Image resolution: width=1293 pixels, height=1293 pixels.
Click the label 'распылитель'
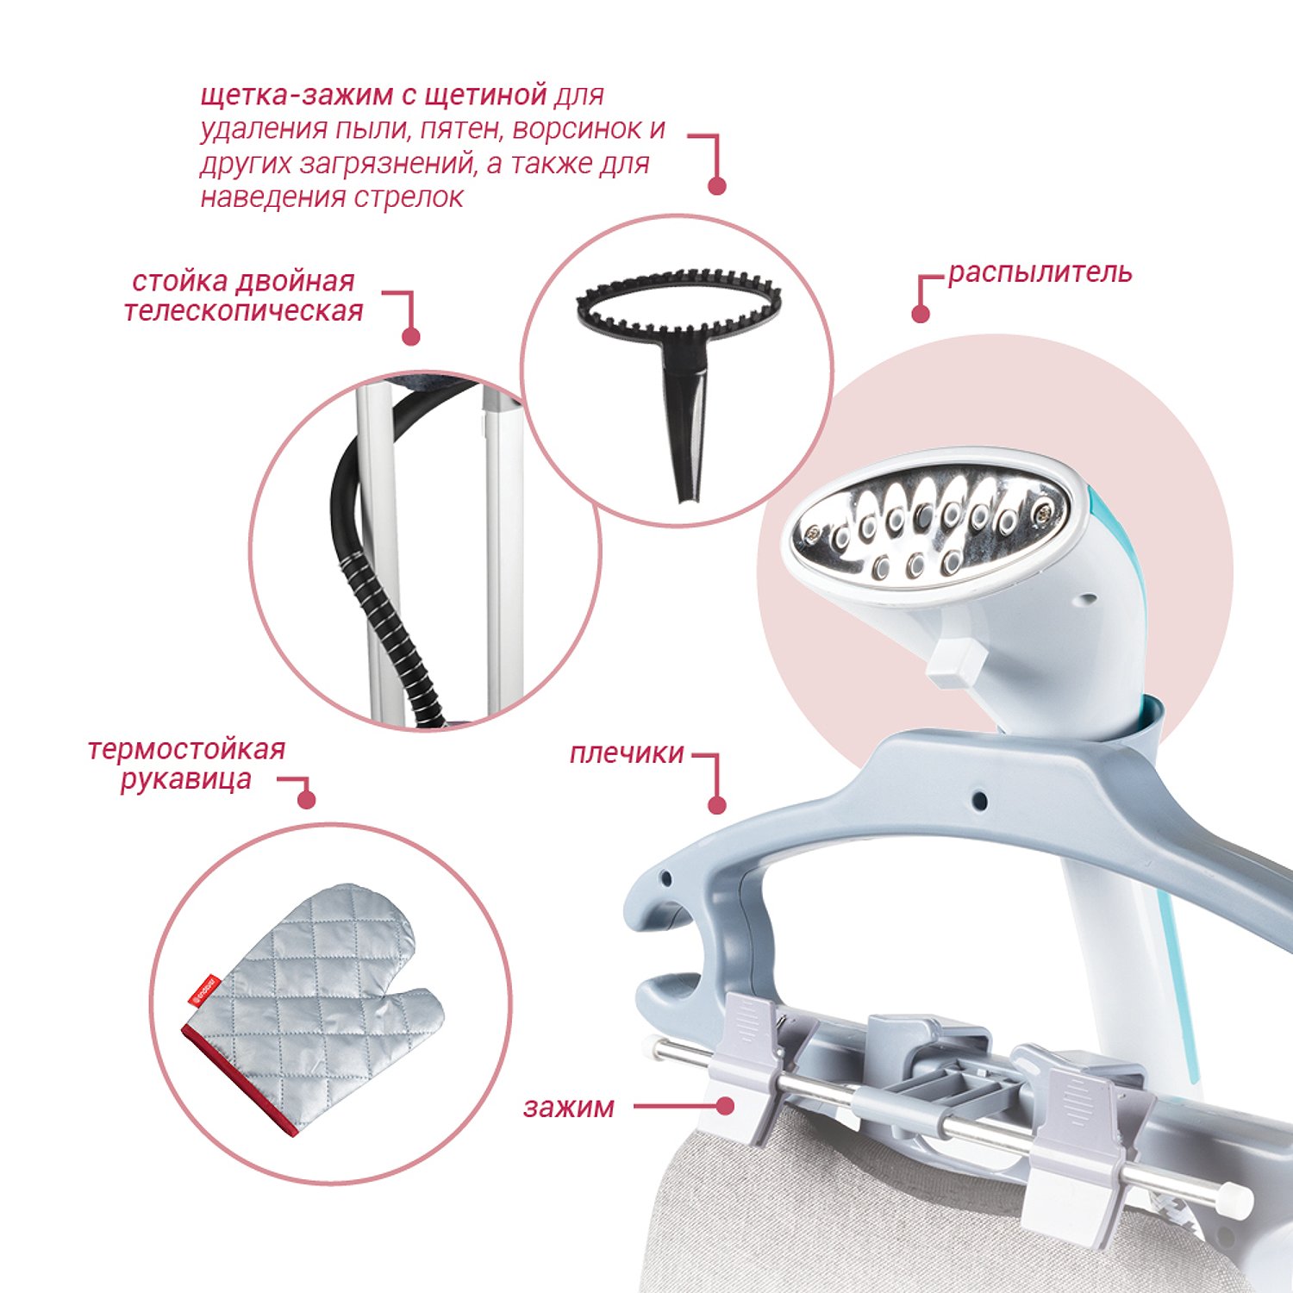coord(1040,273)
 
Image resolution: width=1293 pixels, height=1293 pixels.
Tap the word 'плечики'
coord(627,753)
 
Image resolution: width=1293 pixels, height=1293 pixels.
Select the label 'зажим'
coord(569,1107)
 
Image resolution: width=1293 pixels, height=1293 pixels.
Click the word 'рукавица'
coord(186,779)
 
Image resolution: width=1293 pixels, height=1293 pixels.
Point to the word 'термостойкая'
coord(186,749)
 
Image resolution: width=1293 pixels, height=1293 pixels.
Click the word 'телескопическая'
coord(244,310)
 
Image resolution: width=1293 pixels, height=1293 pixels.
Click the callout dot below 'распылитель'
coord(921,314)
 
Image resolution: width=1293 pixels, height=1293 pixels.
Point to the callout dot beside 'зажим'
coord(726,1106)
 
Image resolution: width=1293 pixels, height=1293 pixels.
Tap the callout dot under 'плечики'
coord(717,806)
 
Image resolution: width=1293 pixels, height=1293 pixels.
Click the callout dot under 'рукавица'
coord(306,800)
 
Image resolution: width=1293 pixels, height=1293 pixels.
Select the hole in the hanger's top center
coord(979,801)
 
